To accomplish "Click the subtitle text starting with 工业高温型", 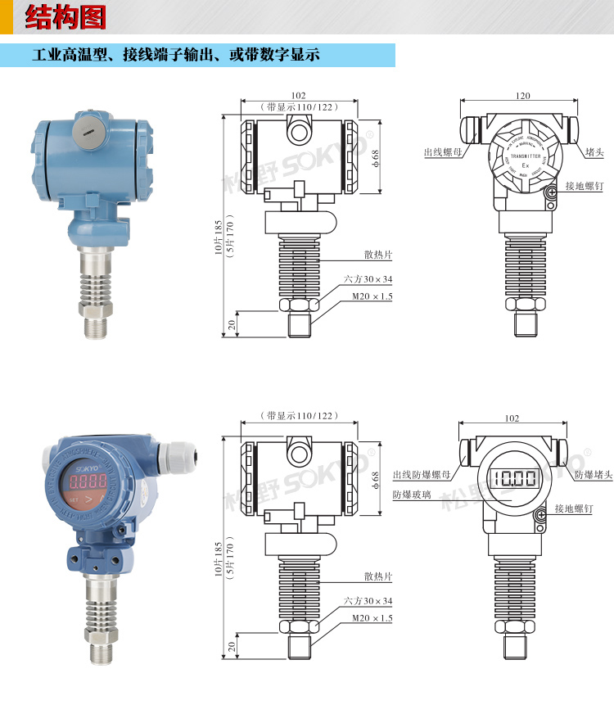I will pyautogui.click(x=175, y=56).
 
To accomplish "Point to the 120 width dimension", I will pyautogui.click(x=523, y=96).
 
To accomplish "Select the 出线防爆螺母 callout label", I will pyautogui.click(x=422, y=475).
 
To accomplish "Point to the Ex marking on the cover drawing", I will pyautogui.click(x=526, y=165).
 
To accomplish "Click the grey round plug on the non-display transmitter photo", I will pyautogui.click(x=85, y=129).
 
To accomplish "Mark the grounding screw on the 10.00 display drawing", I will pyautogui.click(x=540, y=515).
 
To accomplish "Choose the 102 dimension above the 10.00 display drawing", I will pyautogui.click(x=512, y=418).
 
